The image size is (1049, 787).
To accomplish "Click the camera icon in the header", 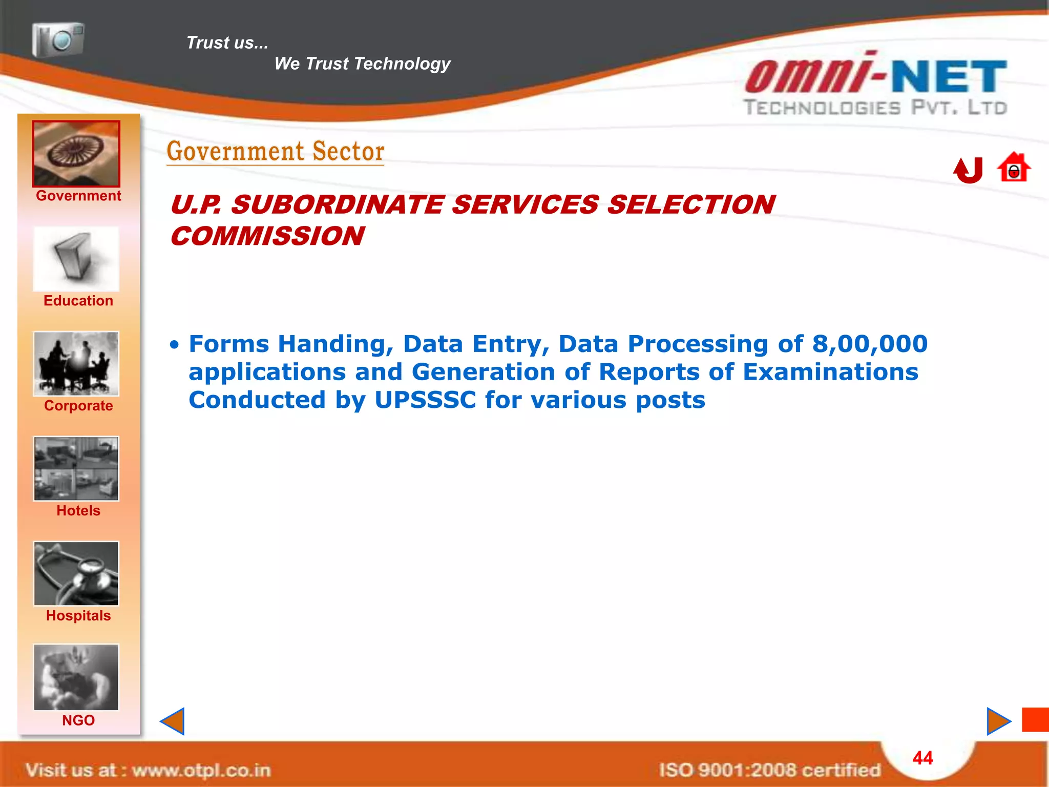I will coord(58,39).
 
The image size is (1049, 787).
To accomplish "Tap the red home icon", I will coord(1013,168).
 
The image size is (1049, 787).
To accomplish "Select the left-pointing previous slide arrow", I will coord(173,721).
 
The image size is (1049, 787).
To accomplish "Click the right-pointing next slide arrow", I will coord(998,721).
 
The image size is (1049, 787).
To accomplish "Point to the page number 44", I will coord(922,758).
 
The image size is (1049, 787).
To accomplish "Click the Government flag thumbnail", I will coord(76,154).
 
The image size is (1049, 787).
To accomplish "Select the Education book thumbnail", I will coord(76,259).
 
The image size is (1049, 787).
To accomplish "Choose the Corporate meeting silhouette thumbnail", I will coord(76,364).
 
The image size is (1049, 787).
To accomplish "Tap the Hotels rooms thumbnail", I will coord(76,469).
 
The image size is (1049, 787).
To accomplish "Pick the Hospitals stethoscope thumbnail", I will coord(76,574).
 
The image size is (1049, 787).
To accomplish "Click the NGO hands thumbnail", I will coord(76,677).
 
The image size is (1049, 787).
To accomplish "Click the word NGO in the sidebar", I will coord(78,720).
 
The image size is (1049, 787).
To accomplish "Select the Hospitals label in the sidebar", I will coord(78,615).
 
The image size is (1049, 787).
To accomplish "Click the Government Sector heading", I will coord(276,152).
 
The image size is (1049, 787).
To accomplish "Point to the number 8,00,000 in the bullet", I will coord(870,344).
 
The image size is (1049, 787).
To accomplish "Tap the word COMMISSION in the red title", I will coord(267,236).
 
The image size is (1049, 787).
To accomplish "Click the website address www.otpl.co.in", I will coord(201,770).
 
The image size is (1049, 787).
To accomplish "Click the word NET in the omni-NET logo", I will coord(949,77).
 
